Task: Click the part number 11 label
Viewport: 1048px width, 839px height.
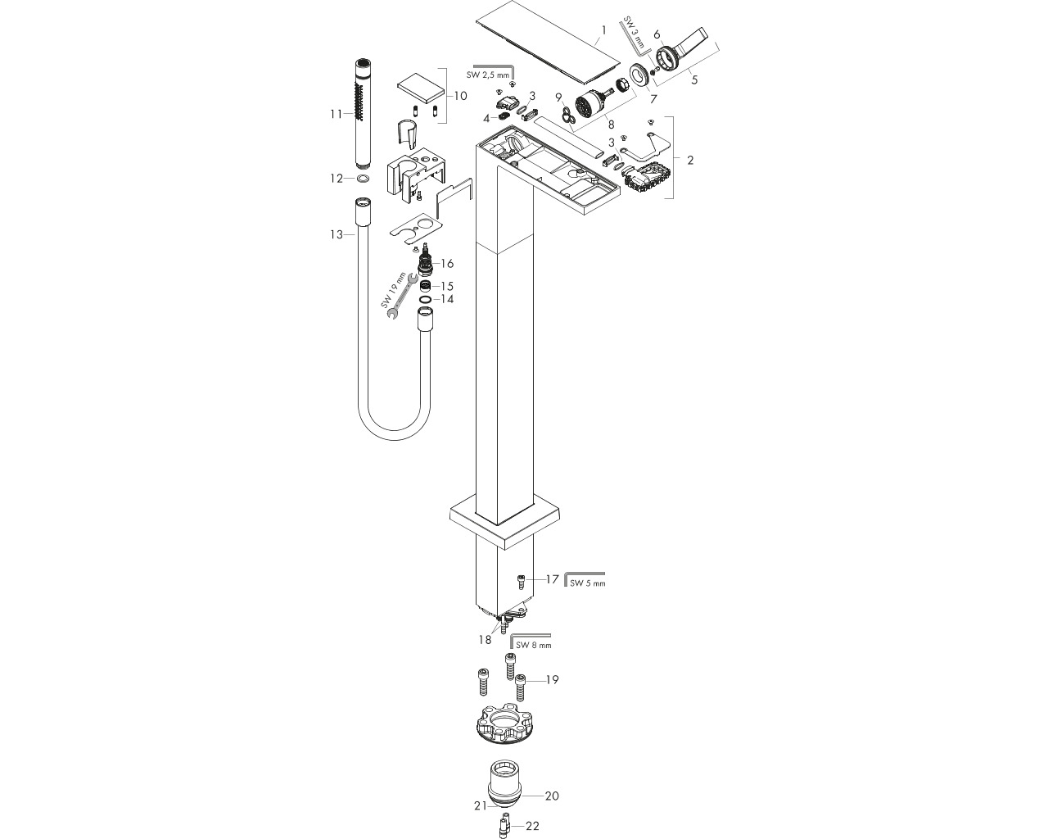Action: (x=336, y=114)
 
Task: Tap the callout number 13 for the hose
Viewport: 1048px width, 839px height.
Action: (x=336, y=235)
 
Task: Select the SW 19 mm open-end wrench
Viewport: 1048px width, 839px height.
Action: (x=402, y=297)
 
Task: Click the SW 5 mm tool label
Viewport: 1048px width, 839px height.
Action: (x=588, y=583)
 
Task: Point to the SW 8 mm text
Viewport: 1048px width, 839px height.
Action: (x=534, y=645)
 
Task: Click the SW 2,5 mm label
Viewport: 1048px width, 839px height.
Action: (x=487, y=75)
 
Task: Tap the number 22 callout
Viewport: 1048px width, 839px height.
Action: (x=533, y=826)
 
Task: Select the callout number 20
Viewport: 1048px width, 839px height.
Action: (x=552, y=796)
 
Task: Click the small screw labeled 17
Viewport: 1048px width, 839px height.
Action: (x=521, y=582)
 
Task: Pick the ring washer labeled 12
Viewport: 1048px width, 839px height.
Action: (x=362, y=179)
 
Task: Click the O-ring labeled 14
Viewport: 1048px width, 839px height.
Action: (x=424, y=299)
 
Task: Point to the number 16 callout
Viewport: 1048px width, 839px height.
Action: (x=447, y=264)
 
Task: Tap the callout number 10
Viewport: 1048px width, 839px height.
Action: (x=460, y=96)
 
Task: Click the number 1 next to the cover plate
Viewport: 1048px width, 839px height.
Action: (x=604, y=30)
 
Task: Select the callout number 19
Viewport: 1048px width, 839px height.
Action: (x=552, y=679)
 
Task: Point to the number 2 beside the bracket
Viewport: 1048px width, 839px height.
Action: (x=690, y=160)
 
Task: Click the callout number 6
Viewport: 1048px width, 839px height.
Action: (x=657, y=34)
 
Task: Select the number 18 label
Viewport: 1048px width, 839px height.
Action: (x=485, y=640)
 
